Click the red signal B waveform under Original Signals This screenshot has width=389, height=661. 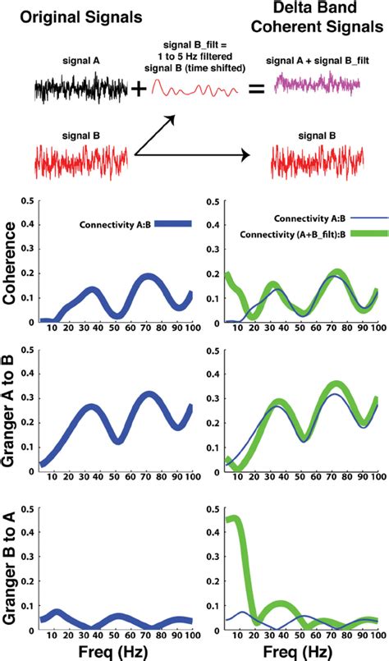[x=80, y=159]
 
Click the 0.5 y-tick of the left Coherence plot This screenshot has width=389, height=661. [x=29, y=201]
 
